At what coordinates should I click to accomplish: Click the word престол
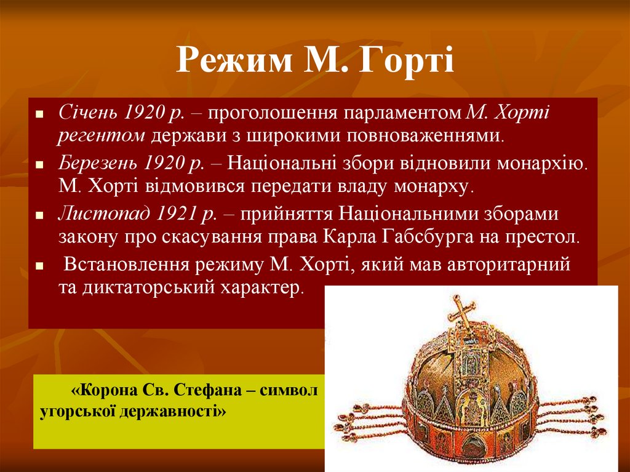pos(546,237)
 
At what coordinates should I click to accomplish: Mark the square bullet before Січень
pos(39,115)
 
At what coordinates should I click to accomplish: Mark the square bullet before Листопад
pos(39,217)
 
